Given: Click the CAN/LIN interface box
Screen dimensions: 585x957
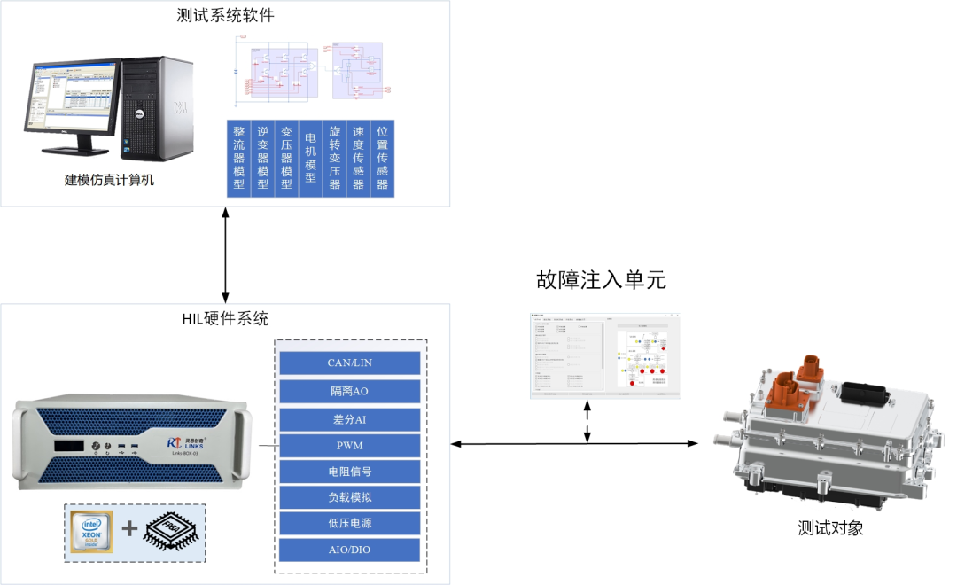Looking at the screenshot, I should [x=349, y=363].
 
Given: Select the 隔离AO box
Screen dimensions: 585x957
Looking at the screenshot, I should [x=349, y=391].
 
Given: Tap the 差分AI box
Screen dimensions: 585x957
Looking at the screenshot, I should [x=349, y=418].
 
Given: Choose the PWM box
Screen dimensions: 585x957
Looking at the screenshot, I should [x=349, y=445].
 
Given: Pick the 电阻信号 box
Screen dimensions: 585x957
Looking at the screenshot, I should [x=349, y=472].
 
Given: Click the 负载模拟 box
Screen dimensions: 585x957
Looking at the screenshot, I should [x=349, y=497].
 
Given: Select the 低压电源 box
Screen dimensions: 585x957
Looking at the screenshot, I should [x=349, y=523].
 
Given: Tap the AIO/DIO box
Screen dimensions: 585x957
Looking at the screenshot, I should [x=349, y=550].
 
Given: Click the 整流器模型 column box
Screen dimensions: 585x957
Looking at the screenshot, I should [x=238, y=158].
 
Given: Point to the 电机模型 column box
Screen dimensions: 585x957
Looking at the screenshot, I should [x=310, y=158].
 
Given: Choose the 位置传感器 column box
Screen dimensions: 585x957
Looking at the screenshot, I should [x=382, y=158].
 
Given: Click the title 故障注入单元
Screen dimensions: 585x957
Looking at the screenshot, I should [x=601, y=280].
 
